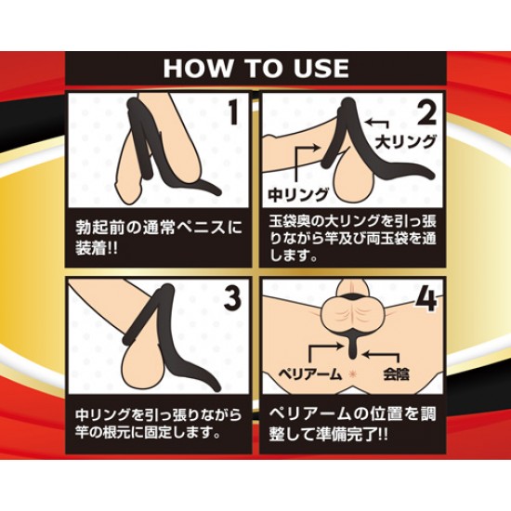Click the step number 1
point(232,112)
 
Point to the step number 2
point(426,113)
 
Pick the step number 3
point(232,300)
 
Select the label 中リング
point(298,194)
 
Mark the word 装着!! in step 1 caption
point(98,249)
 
